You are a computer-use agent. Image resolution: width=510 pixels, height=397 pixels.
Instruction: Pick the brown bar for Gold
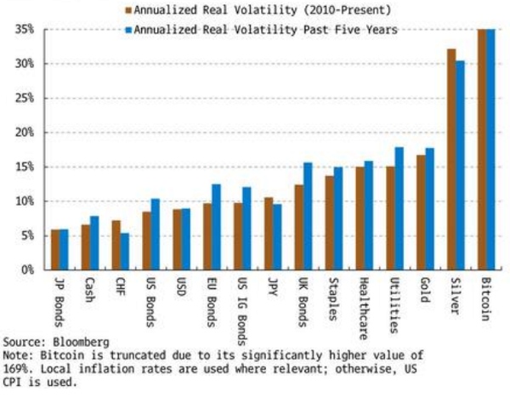pos(422,213)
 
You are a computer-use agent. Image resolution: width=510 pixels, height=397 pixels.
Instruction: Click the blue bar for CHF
pos(125,252)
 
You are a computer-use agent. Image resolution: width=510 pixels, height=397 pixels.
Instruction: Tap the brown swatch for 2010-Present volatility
pos(129,10)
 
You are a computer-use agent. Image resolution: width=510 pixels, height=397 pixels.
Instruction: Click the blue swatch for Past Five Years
pos(129,29)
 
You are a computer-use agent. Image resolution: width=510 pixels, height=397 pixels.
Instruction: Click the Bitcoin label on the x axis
pos(484,298)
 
